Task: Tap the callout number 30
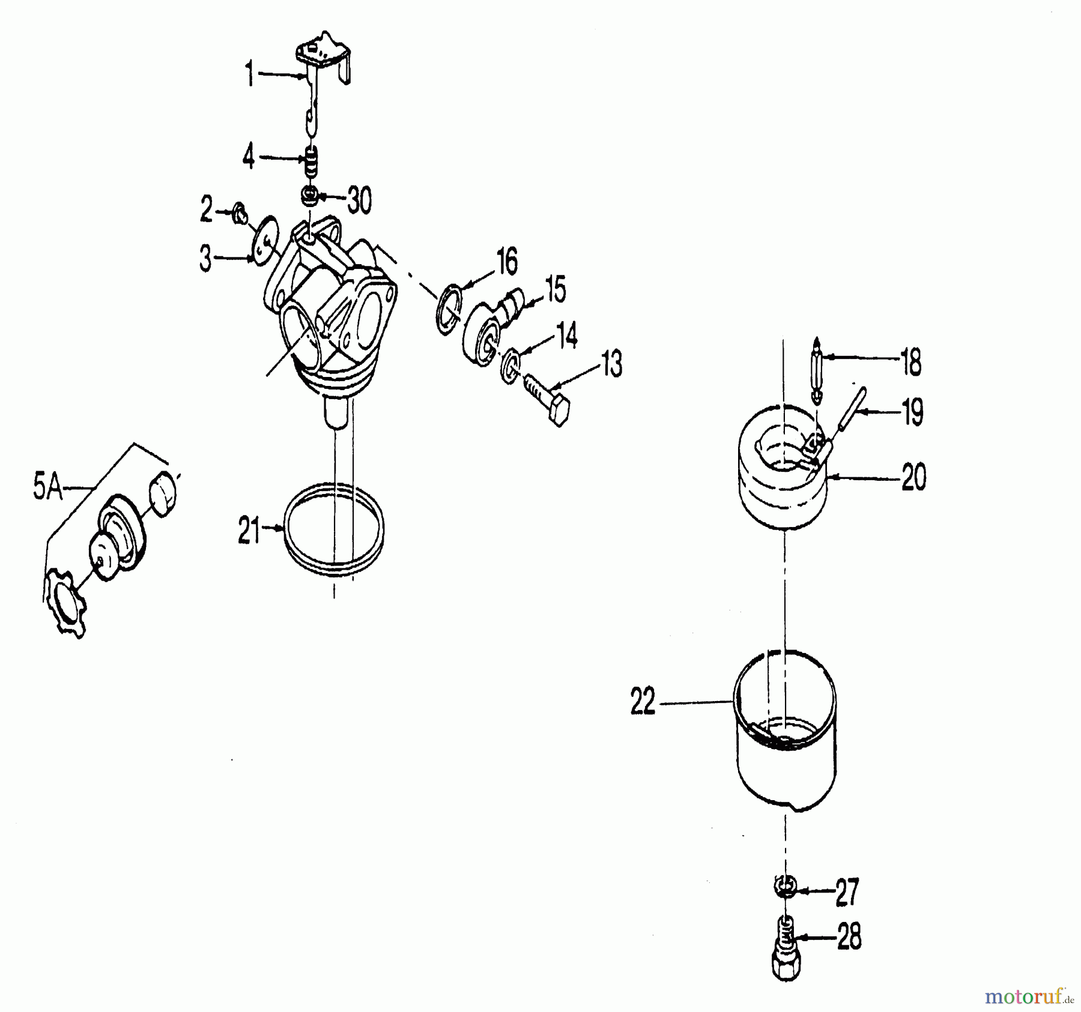pos(359,200)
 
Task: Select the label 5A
pos(48,488)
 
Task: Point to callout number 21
pos(249,531)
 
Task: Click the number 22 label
pos(643,702)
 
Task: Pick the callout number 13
pos(611,364)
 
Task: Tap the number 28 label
pos(849,938)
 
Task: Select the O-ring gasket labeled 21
pos(333,529)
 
